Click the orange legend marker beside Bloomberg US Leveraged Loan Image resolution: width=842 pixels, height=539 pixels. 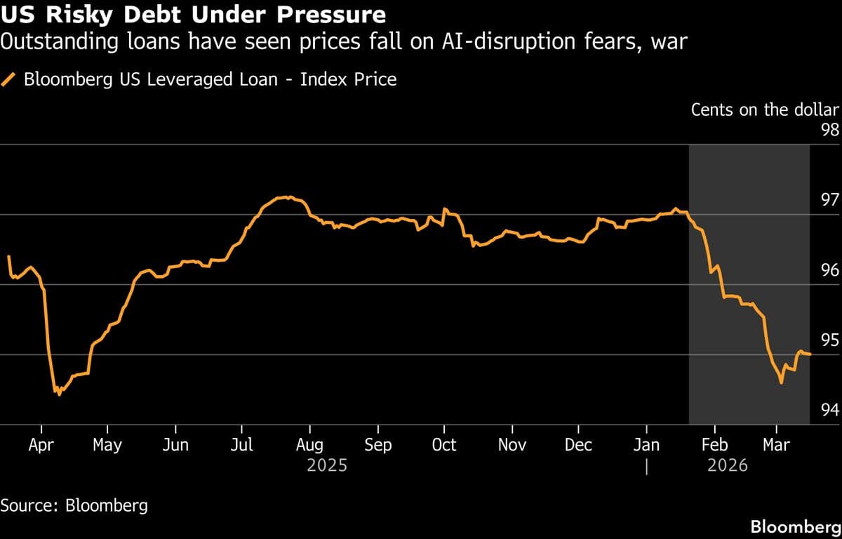(x=10, y=79)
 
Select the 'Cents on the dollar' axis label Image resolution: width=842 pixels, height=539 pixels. (x=765, y=109)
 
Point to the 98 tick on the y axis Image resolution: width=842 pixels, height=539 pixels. (x=829, y=131)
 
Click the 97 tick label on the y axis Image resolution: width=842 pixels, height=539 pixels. (x=829, y=201)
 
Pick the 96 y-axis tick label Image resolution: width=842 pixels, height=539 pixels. (x=829, y=271)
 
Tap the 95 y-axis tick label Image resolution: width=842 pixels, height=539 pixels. (x=829, y=340)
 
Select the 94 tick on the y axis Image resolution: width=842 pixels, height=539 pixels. (x=829, y=410)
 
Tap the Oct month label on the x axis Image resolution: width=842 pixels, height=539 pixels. (x=443, y=445)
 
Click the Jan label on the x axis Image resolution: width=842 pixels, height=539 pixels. (x=646, y=445)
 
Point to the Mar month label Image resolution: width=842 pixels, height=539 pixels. (x=775, y=445)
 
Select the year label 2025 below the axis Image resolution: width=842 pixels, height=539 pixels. (x=327, y=465)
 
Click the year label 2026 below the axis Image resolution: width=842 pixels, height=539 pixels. (x=727, y=465)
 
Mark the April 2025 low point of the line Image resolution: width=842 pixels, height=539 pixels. (x=59, y=394)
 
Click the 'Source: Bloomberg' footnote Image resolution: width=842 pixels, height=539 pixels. (x=74, y=505)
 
